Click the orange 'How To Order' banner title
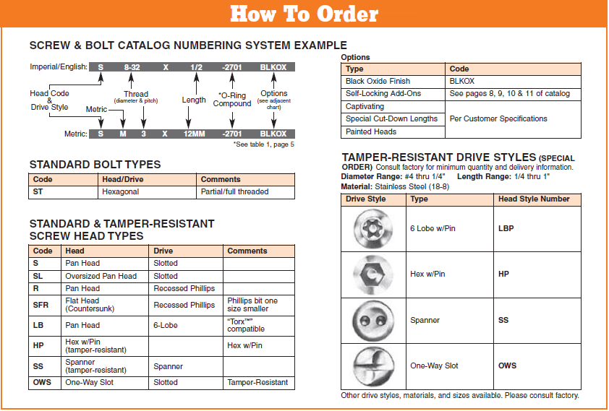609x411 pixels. (304, 14)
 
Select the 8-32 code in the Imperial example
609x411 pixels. (132, 67)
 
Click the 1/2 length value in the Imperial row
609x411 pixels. (196, 67)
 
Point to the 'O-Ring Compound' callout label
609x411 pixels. (232, 100)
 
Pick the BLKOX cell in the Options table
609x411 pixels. (462, 82)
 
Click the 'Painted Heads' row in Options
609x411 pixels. (370, 131)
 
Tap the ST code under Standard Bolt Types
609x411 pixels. (38, 192)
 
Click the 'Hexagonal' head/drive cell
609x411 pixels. (120, 192)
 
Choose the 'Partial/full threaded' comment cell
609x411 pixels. (234, 192)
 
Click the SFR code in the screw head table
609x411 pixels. (41, 305)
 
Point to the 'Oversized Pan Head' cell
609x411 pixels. (101, 276)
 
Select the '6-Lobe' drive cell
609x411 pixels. (166, 325)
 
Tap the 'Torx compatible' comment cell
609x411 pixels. (246, 325)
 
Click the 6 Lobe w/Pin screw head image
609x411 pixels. (374, 229)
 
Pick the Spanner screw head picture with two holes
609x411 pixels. (374, 320)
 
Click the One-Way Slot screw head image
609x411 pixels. (374, 365)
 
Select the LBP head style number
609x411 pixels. (506, 229)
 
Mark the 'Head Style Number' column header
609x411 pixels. (534, 199)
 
